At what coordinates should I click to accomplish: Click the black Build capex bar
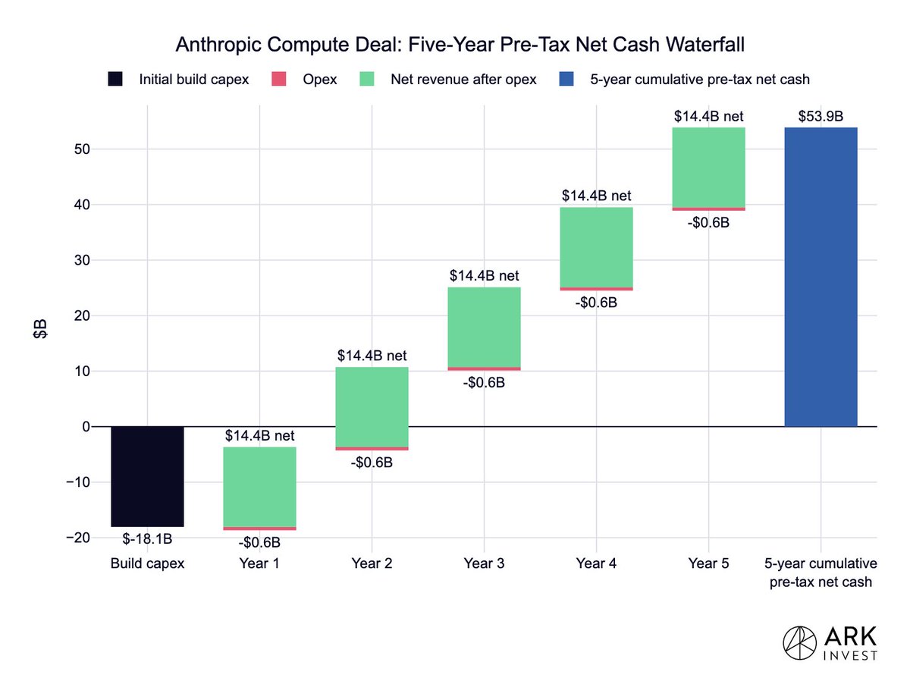click(x=147, y=476)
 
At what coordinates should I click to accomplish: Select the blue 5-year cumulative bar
click(x=821, y=277)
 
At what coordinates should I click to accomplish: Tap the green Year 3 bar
click(x=484, y=327)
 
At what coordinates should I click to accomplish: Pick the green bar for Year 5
click(x=708, y=168)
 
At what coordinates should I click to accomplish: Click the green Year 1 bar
click(x=259, y=487)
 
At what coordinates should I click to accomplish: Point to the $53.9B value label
click(x=821, y=116)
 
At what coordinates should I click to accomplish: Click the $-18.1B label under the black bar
click(x=147, y=538)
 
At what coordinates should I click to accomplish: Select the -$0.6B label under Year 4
click(x=596, y=303)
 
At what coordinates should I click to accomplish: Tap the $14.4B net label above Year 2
click(x=372, y=355)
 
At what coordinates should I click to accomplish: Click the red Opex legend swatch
click(x=278, y=79)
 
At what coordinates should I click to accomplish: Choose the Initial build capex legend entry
click(x=178, y=79)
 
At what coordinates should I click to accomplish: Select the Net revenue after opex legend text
click(x=463, y=79)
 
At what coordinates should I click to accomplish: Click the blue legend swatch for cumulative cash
click(x=566, y=79)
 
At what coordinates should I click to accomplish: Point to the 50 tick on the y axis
click(x=82, y=149)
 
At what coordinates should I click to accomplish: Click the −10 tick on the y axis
click(x=78, y=482)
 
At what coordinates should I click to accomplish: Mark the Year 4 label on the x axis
click(x=596, y=563)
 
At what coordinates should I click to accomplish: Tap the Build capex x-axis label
click(x=147, y=563)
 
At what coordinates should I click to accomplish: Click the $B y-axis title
click(x=39, y=329)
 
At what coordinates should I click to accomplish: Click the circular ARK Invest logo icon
click(x=799, y=643)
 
